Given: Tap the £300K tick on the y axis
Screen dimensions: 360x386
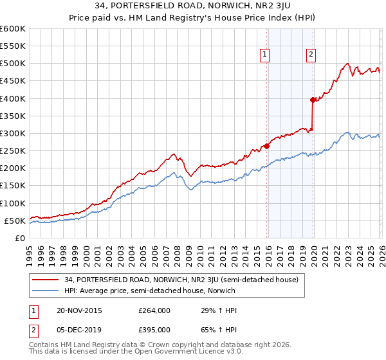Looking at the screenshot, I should coord(13,133).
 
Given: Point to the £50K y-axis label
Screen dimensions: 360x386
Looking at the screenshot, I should coord(15,221).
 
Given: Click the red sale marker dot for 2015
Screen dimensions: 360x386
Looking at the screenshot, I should coord(266,145).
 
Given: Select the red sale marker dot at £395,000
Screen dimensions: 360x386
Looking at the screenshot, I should coord(313,100).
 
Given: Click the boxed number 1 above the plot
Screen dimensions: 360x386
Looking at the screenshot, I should coord(265,55).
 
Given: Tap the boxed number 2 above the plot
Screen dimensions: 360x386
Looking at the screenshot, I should coord(311,55).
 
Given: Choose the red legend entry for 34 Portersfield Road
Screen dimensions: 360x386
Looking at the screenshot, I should coord(175,280).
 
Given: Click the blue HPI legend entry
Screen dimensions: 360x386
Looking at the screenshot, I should coord(149,291).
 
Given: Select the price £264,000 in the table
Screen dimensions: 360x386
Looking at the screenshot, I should coord(154,310).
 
